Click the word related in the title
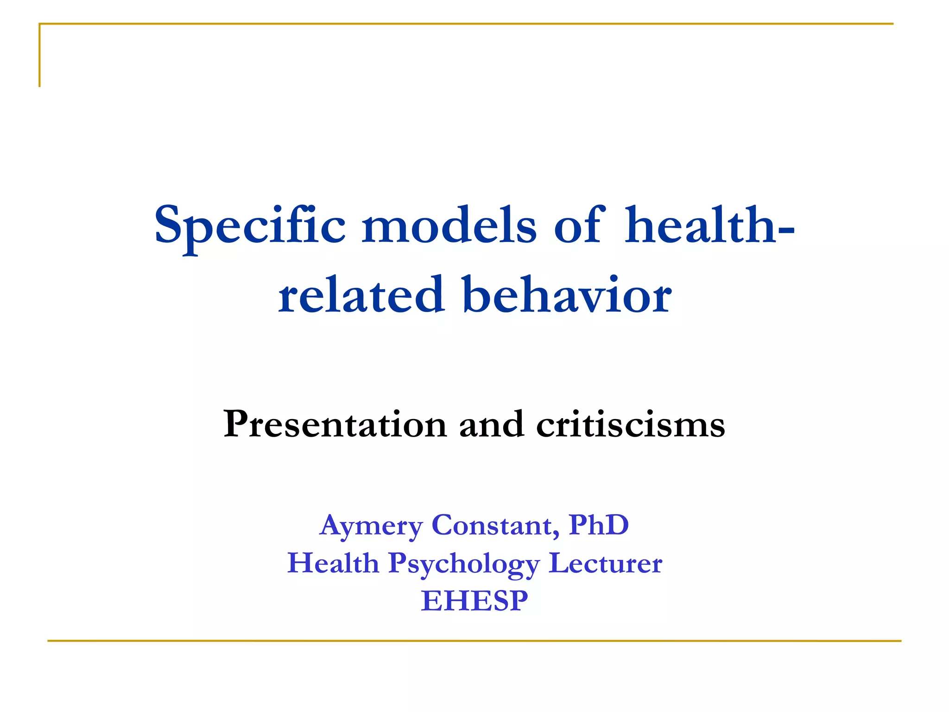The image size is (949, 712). pyautogui.click(x=361, y=295)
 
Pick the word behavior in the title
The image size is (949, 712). pyautogui.click(x=567, y=295)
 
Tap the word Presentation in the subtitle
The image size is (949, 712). pyautogui.click(x=335, y=424)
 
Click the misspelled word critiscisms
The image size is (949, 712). pyautogui.click(x=630, y=424)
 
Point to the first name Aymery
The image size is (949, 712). pyautogui.click(x=371, y=526)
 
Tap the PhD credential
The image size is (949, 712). pyautogui.click(x=599, y=525)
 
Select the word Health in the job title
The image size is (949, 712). pyautogui.click(x=333, y=563)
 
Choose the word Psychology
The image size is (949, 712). pyautogui.click(x=464, y=564)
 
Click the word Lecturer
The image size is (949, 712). pyautogui.click(x=605, y=563)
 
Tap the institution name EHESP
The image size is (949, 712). pyautogui.click(x=474, y=601)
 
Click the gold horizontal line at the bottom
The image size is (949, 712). pyautogui.click(x=474, y=641)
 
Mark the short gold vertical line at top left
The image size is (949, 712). pyautogui.click(x=40, y=56)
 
